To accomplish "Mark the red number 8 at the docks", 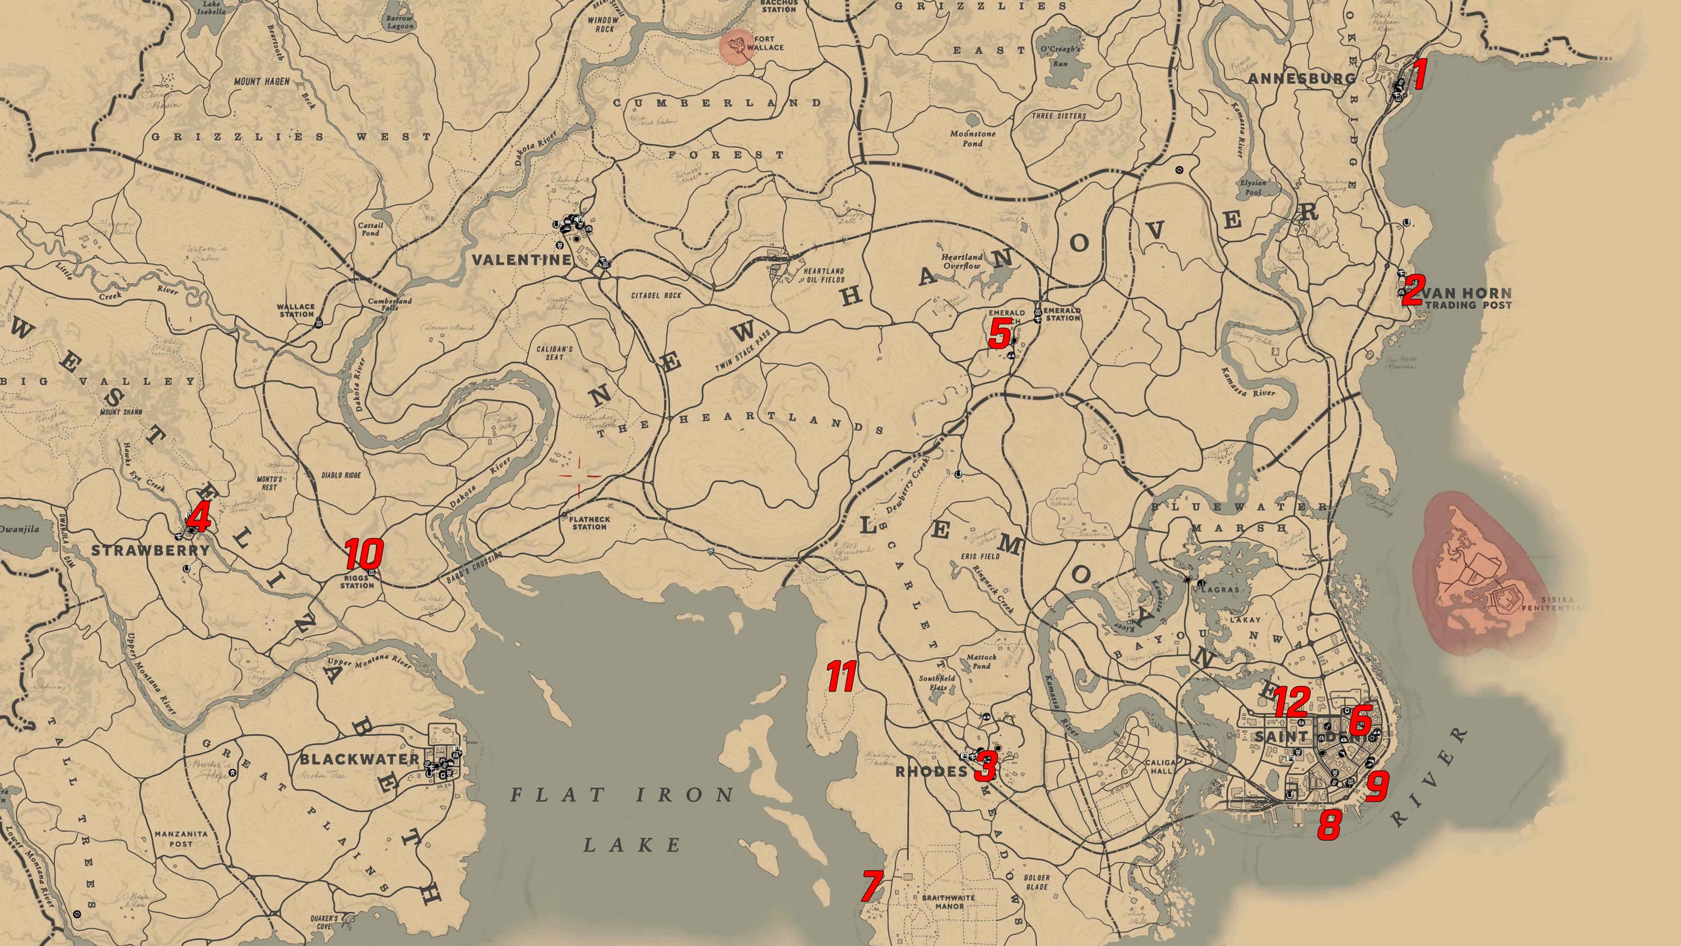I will coord(1329,824).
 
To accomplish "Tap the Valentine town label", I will coord(522,260).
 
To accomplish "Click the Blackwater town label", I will coord(359,759).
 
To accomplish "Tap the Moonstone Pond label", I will coord(972,138).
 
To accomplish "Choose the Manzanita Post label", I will coord(181,838).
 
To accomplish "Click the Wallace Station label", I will coord(296,310).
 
